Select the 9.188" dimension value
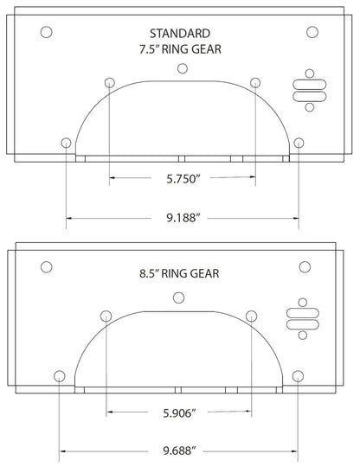[x=181, y=220]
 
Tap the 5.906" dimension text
[x=179, y=413]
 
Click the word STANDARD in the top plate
[x=180, y=32]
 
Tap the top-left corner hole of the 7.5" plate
[x=47, y=32]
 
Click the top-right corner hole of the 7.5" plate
[x=312, y=32]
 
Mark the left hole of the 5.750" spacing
[x=108, y=82]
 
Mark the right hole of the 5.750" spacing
[x=254, y=82]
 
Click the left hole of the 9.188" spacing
[x=66, y=142]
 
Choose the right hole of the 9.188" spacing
[x=299, y=142]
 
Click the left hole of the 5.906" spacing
[x=105, y=314]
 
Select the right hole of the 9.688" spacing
[x=298, y=375]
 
